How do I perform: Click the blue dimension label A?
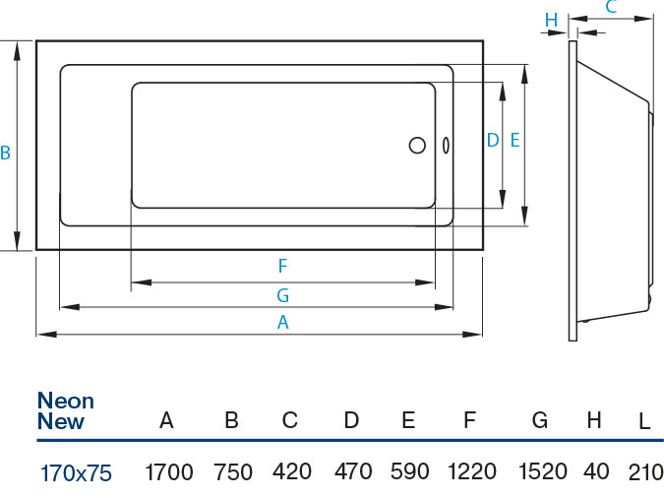(x=283, y=322)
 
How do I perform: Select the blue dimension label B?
(x=6, y=154)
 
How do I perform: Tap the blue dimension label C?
(x=610, y=8)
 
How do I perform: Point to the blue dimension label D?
(x=493, y=141)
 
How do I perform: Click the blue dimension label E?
(x=514, y=141)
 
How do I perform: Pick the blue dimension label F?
(x=282, y=267)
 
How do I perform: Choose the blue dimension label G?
(x=282, y=294)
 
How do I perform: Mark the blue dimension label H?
(x=551, y=20)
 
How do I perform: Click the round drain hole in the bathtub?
(x=417, y=146)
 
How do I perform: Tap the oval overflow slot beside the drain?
(x=447, y=146)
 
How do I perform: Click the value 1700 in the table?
(x=168, y=472)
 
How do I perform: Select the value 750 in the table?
(x=233, y=472)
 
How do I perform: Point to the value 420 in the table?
(x=291, y=472)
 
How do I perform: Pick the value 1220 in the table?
(x=472, y=472)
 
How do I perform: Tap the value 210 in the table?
(x=645, y=472)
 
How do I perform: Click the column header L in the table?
(x=644, y=422)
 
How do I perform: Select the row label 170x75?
(x=76, y=473)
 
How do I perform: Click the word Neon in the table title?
(x=65, y=401)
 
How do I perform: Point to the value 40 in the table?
(x=596, y=472)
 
